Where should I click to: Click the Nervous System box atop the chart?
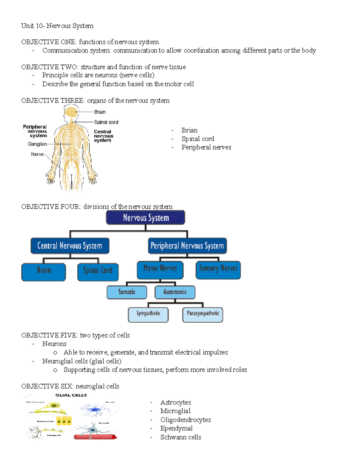click(x=146, y=217)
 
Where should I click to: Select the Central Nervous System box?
click(x=70, y=246)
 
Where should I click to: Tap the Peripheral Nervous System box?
click(x=187, y=246)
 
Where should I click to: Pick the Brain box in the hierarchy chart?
click(x=44, y=272)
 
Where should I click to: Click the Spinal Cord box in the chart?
click(x=98, y=272)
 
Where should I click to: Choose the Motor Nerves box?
click(x=160, y=269)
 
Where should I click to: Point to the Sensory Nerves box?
click(x=218, y=269)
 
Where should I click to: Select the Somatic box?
click(x=127, y=292)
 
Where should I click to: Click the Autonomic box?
click(x=175, y=292)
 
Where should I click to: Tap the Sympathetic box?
click(x=148, y=314)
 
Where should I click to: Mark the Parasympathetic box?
click(x=203, y=314)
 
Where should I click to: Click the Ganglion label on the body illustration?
click(x=37, y=144)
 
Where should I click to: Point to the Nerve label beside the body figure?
click(x=37, y=154)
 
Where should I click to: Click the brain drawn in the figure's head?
click(x=71, y=112)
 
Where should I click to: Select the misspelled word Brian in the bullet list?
click(x=190, y=130)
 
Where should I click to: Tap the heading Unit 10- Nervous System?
click(x=57, y=26)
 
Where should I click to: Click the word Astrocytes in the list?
click(x=175, y=402)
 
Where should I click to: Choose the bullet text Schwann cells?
click(x=180, y=437)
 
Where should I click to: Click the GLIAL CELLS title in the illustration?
click(x=71, y=395)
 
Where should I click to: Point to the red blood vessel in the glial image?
click(x=95, y=437)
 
